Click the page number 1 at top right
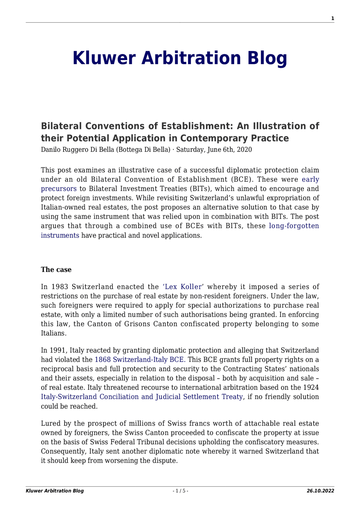pos(332,19)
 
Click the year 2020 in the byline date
pos(244,150)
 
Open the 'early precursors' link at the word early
pos(310,180)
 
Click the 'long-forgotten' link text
pos(294,226)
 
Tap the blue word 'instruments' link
pos(60,235)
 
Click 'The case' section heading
pos(56,270)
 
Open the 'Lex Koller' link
pos(183,287)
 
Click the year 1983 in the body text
pos(60,287)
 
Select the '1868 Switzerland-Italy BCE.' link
pos(140,360)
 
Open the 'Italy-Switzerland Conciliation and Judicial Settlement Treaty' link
pos(142,397)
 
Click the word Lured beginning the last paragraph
pos(49,424)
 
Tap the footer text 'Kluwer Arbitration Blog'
pos(55,491)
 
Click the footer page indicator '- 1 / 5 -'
pos(180,491)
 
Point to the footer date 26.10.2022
pos(320,491)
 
